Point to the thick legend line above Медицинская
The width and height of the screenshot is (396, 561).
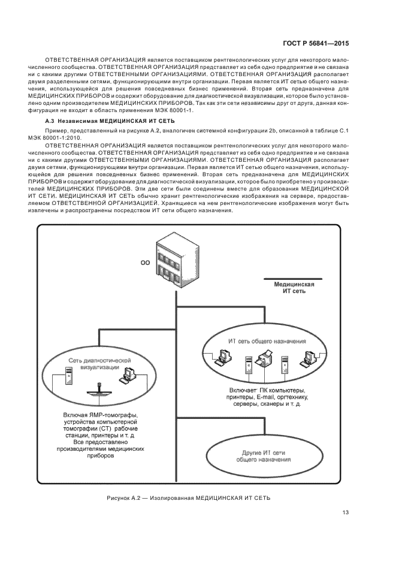point(290,279)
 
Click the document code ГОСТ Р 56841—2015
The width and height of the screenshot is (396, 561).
point(316,44)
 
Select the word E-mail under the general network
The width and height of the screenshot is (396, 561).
point(266,397)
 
